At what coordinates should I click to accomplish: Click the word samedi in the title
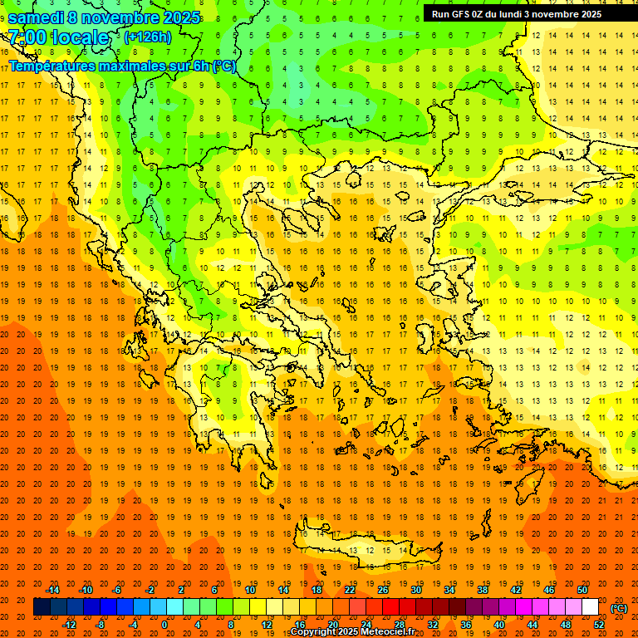[41, 17]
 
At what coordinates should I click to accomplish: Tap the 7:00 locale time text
[59, 37]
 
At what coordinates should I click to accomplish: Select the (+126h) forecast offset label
[147, 37]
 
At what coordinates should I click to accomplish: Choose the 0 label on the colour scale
[164, 625]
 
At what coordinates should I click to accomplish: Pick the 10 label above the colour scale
[250, 590]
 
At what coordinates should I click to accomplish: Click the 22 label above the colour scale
[350, 590]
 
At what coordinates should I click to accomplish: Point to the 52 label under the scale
[599, 625]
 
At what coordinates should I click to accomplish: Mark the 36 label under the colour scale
[466, 625]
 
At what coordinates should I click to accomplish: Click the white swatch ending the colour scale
[591, 607]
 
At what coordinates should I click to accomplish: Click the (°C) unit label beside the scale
[619, 608]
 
